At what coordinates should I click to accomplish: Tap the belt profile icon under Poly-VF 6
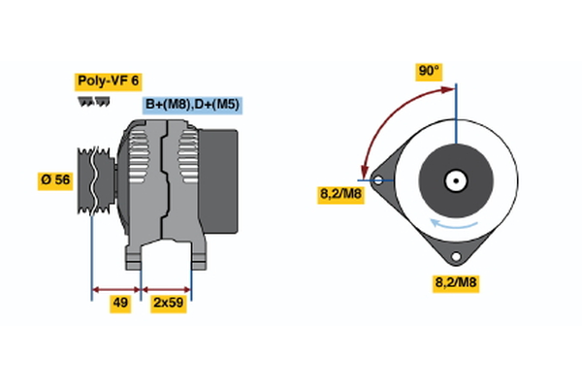click(x=93, y=102)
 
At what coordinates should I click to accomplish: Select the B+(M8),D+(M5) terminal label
click(x=192, y=105)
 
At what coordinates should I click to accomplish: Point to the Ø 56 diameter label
click(x=54, y=179)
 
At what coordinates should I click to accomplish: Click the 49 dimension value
click(x=120, y=303)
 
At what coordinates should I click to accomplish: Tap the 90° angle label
click(x=429, y=70)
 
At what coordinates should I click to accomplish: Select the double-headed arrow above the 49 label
click(x=116, y=288)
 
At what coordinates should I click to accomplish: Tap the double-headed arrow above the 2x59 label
click(x=167, y=288)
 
